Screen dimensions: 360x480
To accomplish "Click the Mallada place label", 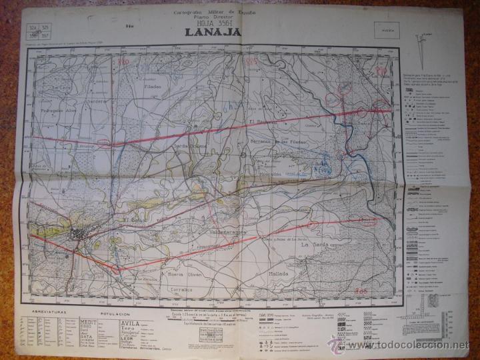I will point(278,274).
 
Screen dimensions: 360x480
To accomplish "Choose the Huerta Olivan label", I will point(184,275).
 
